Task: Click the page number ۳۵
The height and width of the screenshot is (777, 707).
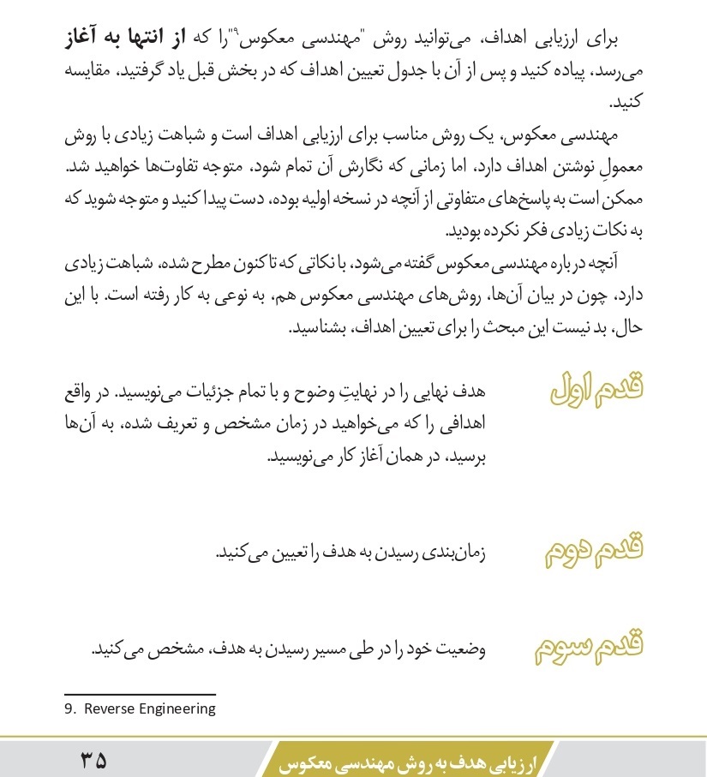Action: coord(94,759)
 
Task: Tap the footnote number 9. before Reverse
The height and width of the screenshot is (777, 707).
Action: coord(70,708)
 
